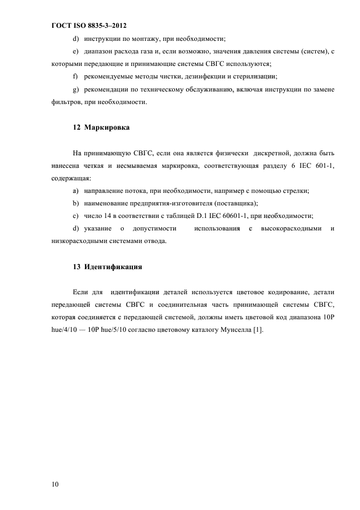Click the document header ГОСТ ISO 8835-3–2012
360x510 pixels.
click(x=89, y=26)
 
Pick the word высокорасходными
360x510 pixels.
click(x=291, y=228)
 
